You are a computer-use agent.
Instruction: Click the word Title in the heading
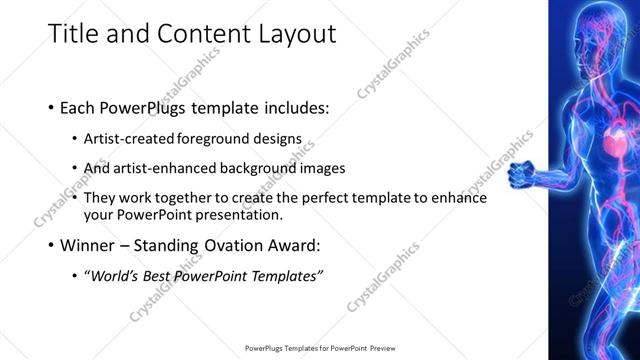[x=74, y=35]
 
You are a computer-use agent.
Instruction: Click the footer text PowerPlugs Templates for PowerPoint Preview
[x=319, y=348]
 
